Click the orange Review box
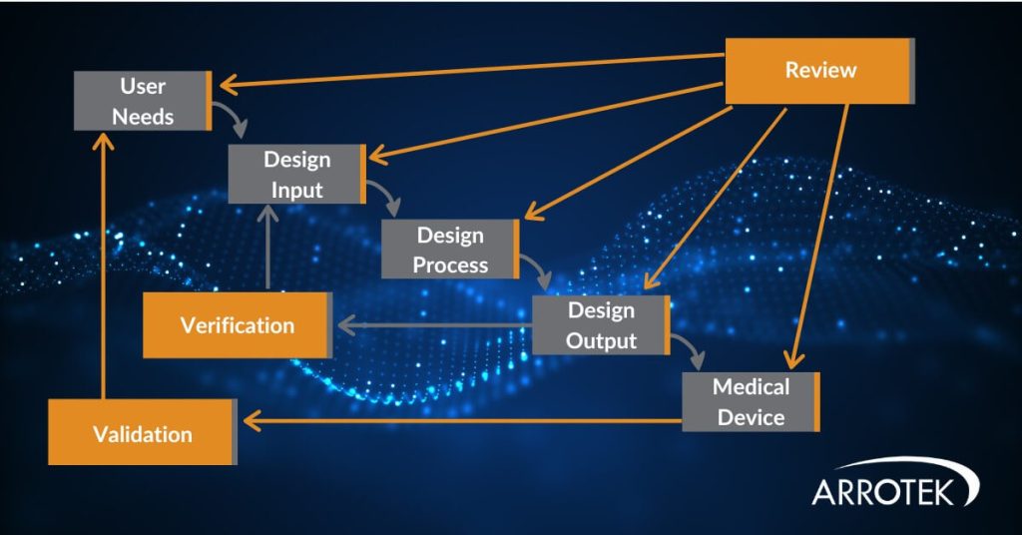[818, 71]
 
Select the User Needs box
[142, 101]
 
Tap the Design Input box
[296, 174]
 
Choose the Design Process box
[450, 250]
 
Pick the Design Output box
[601, 325]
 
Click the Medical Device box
[751, 401]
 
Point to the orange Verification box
[237, 325]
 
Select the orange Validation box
[142, 433]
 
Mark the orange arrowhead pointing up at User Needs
[102, 141]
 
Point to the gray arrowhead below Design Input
[267, 214]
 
